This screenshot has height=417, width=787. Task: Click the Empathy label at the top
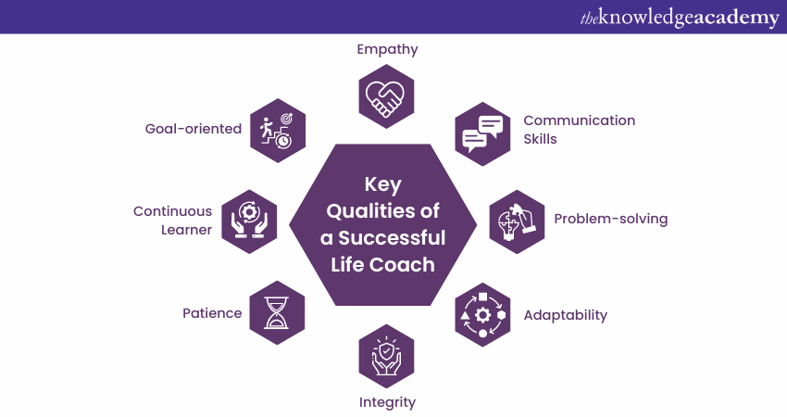pyautogui.click(x=387, y=49)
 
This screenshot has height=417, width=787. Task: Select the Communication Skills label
pyautogui.click(x=579, y=129)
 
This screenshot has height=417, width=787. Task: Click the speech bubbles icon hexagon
pyautogui.click(x=482, y=133)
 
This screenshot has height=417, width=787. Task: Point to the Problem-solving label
pyautogui.click(x=610, y=219)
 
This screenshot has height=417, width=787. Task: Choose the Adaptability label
pyautogui.click(x=565, y=314)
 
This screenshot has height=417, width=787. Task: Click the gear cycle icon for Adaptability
pyautogui.click(x=482, y=315)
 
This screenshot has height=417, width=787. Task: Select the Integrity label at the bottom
pyautogui.click(x=387, y=402)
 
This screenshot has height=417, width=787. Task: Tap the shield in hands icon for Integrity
pyautogui.click(x=386, y=356)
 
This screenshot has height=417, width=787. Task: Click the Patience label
pyautogui.click(x=212, y=313)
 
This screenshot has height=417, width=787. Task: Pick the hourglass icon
pyautogui.click(x=277, y=313)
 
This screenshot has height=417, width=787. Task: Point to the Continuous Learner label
pyautogui.click(x=172, y=221)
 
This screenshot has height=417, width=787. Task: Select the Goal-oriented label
pyautogui.click(x=193, y=129)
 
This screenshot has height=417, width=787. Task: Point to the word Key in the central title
pyautogui.click(x=382, y=183)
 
